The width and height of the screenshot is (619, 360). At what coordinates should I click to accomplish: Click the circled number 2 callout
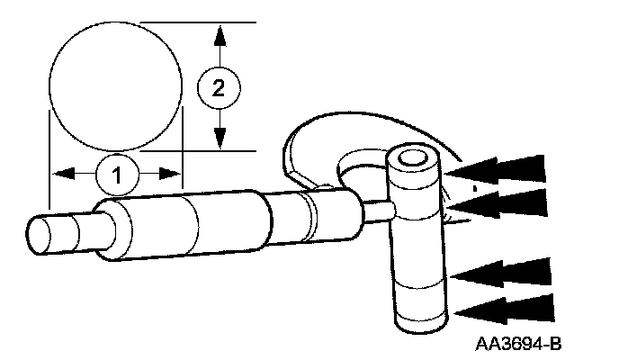click(x=217, y=87)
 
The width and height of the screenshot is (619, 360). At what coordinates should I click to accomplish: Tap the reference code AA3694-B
click(x=525, y=344)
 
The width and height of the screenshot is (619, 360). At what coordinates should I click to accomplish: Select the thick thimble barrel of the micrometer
click(x=153, y=229)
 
